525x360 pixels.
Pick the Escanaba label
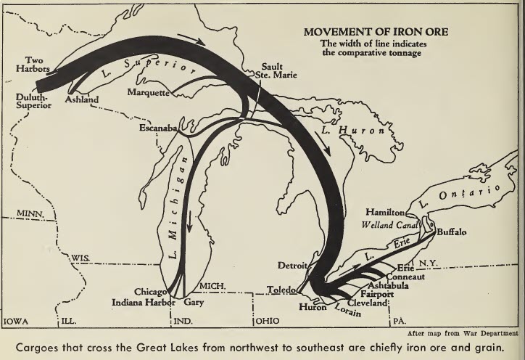coord(158,128)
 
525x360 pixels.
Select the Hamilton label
coord(384,212)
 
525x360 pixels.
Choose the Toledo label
coord(281,288)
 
